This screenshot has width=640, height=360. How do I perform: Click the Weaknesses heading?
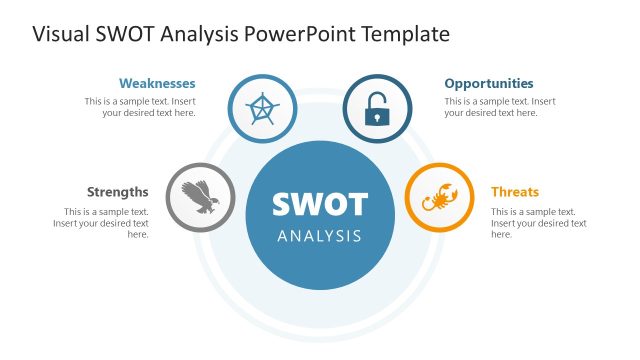coord(157,84)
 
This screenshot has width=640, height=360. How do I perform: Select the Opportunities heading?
coord(489,84)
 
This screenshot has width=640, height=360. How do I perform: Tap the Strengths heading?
coord(118,192)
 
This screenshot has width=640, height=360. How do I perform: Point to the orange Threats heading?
coord(515,192)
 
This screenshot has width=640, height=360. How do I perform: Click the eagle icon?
coord(200,197)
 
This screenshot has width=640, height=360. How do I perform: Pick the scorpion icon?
coord(439,197)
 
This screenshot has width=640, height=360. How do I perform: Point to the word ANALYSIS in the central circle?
coord(320,237)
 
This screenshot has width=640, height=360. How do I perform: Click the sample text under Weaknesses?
coord(140,107)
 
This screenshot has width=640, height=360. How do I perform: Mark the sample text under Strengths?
coord(102,223)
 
